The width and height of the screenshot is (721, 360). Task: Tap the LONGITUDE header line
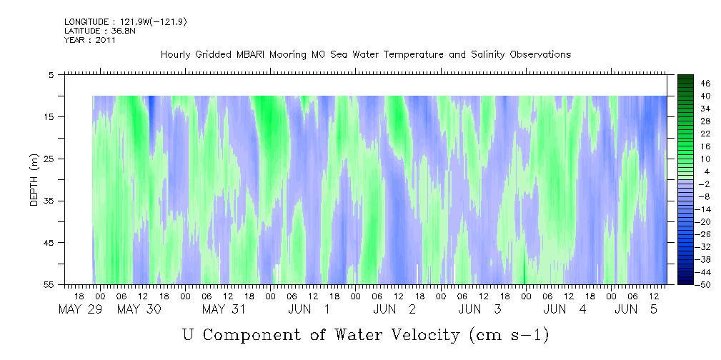(x=125, y=22)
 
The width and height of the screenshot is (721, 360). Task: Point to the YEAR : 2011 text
(x=89, y=40)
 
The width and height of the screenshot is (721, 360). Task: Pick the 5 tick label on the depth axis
(x=51, y=74)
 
